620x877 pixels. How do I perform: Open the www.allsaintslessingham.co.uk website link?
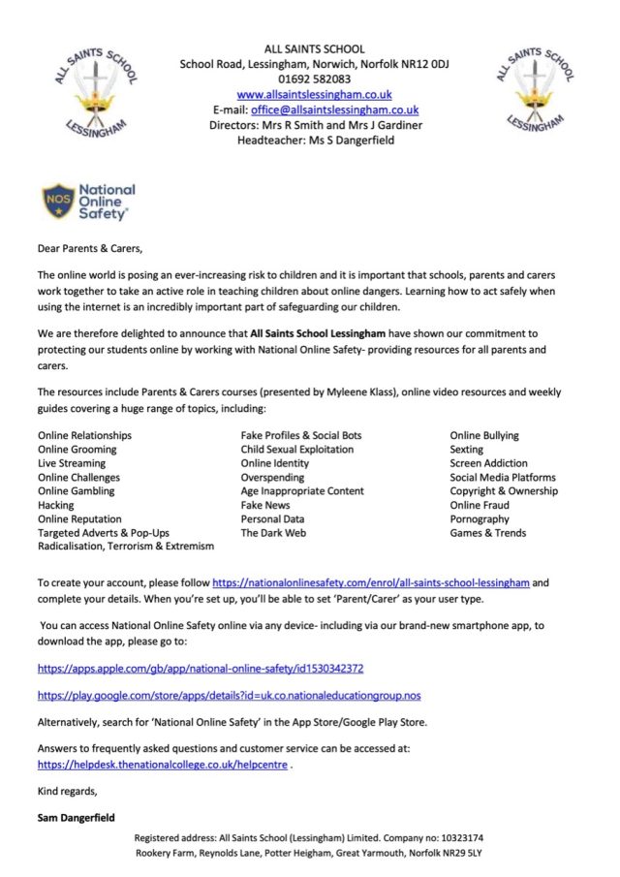314,95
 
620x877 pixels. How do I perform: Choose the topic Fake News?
264,505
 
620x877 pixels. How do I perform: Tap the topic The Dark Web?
272,533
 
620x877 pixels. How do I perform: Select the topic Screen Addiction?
489,463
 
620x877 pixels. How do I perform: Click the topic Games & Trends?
487,533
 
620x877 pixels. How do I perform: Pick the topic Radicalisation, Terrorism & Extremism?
126,547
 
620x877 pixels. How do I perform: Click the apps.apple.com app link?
201,669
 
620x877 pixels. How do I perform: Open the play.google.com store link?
229,696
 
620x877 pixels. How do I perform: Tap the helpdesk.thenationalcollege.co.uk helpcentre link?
162,764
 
